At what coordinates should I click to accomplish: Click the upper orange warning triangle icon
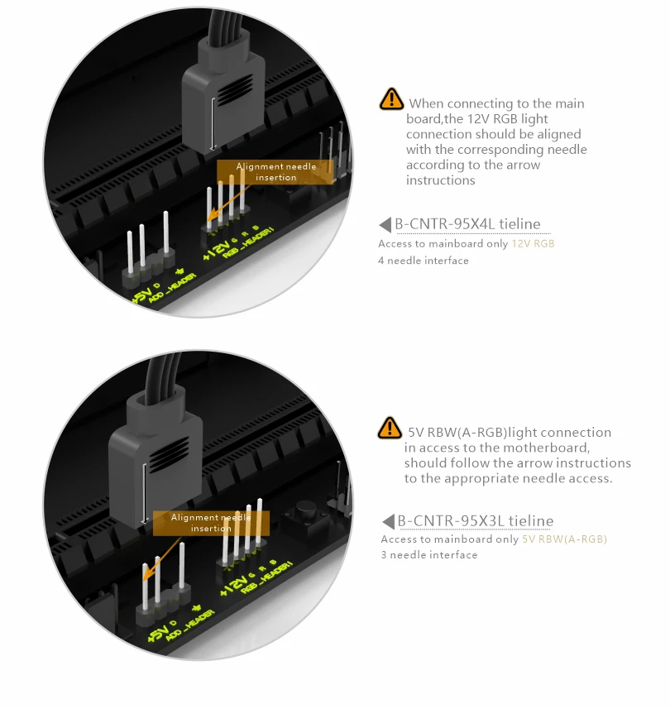pos(391,99)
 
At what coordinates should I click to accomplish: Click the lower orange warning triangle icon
pos(390,428)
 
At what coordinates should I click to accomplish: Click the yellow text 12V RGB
pos(533,244)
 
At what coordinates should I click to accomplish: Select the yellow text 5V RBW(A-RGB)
pos(564,539)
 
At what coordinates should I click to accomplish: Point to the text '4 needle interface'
pos(424,261)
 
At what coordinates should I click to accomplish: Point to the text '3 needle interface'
pos(429,555)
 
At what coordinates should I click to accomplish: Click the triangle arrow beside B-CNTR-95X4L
pos(385,224)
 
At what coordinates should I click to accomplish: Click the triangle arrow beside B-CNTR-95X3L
pos(388,521)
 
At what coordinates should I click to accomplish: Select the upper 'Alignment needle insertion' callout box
pos(275,172)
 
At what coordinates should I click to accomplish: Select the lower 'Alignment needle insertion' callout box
pos(211,523)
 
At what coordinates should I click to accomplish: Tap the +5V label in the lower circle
pos(158,632)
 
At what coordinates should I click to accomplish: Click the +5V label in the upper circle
pos(143,295)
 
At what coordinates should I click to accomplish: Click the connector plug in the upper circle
pos(223,95)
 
